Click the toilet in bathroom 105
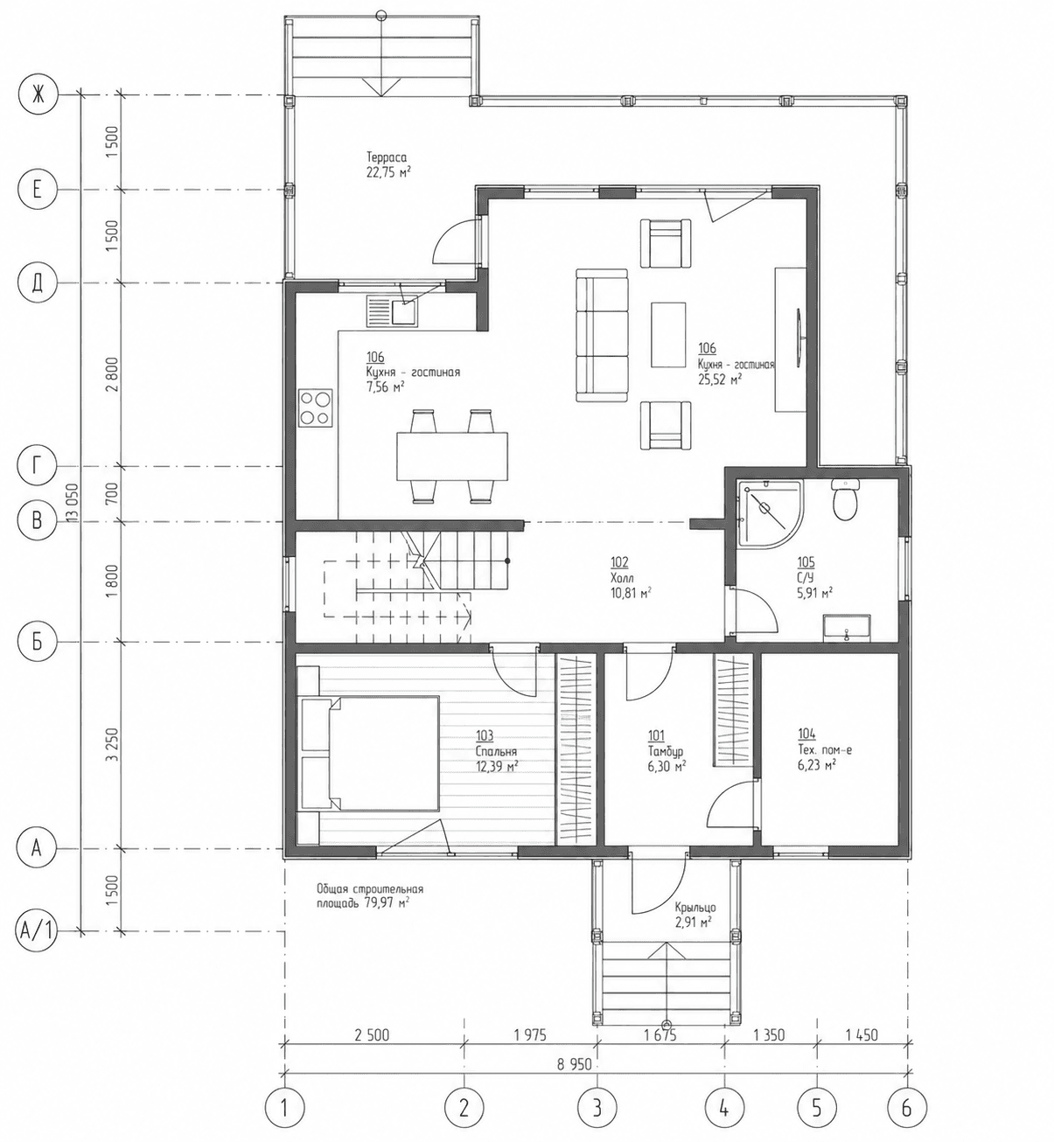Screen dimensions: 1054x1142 (845, 499)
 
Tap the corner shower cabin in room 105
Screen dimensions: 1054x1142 (769, 512)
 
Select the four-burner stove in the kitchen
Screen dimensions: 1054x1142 (315, 407)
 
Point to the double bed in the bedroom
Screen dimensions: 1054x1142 (368, 753)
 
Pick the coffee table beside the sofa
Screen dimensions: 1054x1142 (668, 335)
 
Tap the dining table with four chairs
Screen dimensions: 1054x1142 (452, 456)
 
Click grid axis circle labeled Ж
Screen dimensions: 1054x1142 (38, 95)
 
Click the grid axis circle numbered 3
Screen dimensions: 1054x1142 (597, 1107)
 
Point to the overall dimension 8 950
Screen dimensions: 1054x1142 (574, 1064)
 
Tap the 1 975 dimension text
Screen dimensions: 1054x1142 (529, 1035)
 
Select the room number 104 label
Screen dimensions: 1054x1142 (806, 734)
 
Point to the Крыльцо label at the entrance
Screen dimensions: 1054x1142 (695, 908)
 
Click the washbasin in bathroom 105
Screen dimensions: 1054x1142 (847, 627)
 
